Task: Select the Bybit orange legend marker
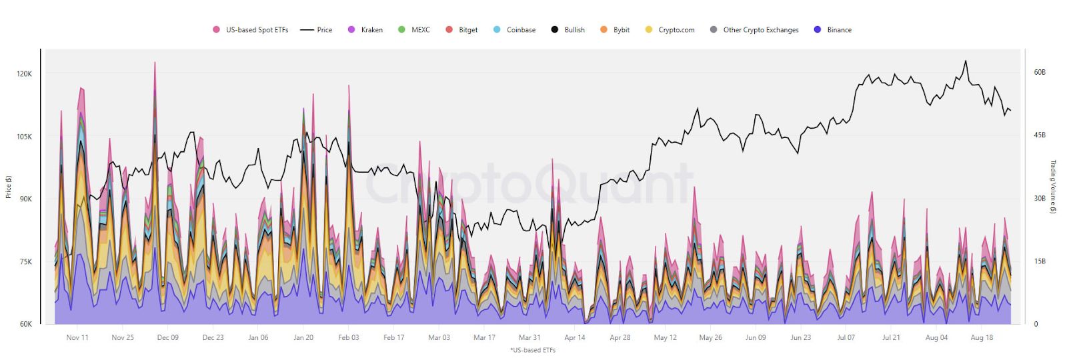click(x=604, y=30)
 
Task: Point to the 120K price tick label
click(x=24, y=74)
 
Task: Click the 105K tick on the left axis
click(x=24, y=137)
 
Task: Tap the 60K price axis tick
click(x=25, y=324)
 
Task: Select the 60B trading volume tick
click(x=1039, y=72)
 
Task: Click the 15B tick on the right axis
click(x=1039, y=261)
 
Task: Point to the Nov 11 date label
click(x=77, y=337)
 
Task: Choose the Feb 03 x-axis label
click(x=348, y=337)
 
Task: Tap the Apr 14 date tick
click(x=575, y=337)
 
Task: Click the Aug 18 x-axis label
click(x=982, y=337)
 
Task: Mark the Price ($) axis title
click(x=9, y=187)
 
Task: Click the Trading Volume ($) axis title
click(x=1053, y=187)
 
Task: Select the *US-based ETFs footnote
click(x=532, y=350)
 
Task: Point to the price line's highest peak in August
click(x=965, y=61)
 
